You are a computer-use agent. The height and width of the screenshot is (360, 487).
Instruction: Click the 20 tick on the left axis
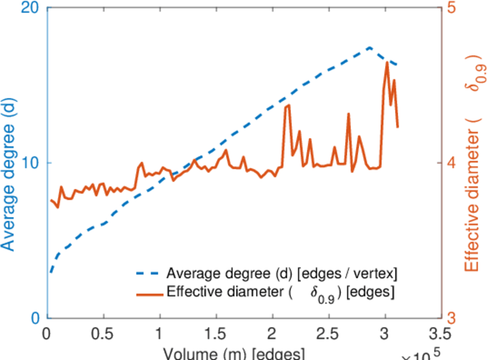pyautogui.click(x=31, y=8)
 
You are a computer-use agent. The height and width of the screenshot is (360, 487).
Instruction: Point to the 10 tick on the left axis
pyautogui.click(x=31, y=163)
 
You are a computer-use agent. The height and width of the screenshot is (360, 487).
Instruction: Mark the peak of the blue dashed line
pyautogui.click(x=370, y=47)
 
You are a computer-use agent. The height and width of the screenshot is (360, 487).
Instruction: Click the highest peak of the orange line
pyautogui.click(x=387, y=62)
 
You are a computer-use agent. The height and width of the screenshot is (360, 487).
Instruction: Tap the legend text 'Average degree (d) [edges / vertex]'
pyautogui.click(x=282, y=274)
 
